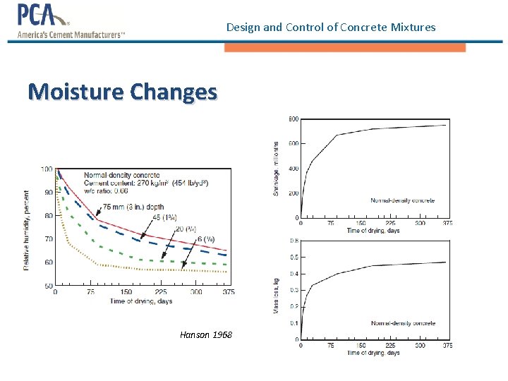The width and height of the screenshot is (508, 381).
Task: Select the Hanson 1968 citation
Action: pyautogui.click(x=205, y=334)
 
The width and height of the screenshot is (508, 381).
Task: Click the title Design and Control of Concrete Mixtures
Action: pyautogui.click(x=331, y=28)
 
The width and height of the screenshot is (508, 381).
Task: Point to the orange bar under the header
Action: pyautogui.click(x=345, y=48)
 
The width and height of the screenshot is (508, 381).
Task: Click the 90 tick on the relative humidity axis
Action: pyautogui.click(x=47, y=193)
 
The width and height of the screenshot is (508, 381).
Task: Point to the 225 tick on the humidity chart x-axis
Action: pyautogui.click(x=160, y=292)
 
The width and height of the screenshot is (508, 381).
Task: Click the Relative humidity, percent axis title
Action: pyautogui.click(x=28, y=229)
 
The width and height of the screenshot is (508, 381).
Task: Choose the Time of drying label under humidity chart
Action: pyautogui.click(x=141, y=301)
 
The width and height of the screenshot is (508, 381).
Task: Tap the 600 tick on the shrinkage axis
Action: pyautogui.click(x=294, y=143)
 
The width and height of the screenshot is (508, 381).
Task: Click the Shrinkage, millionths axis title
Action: pyautogui.click(x=276, y=167)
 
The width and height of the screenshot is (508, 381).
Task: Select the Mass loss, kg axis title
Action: pyautogui.click(x=276, y=296)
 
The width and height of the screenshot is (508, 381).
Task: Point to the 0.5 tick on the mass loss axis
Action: pyautogui.click(x=294, y=257)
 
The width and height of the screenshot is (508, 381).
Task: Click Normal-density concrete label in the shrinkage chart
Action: pyautogui.click(x=403, y=200)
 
